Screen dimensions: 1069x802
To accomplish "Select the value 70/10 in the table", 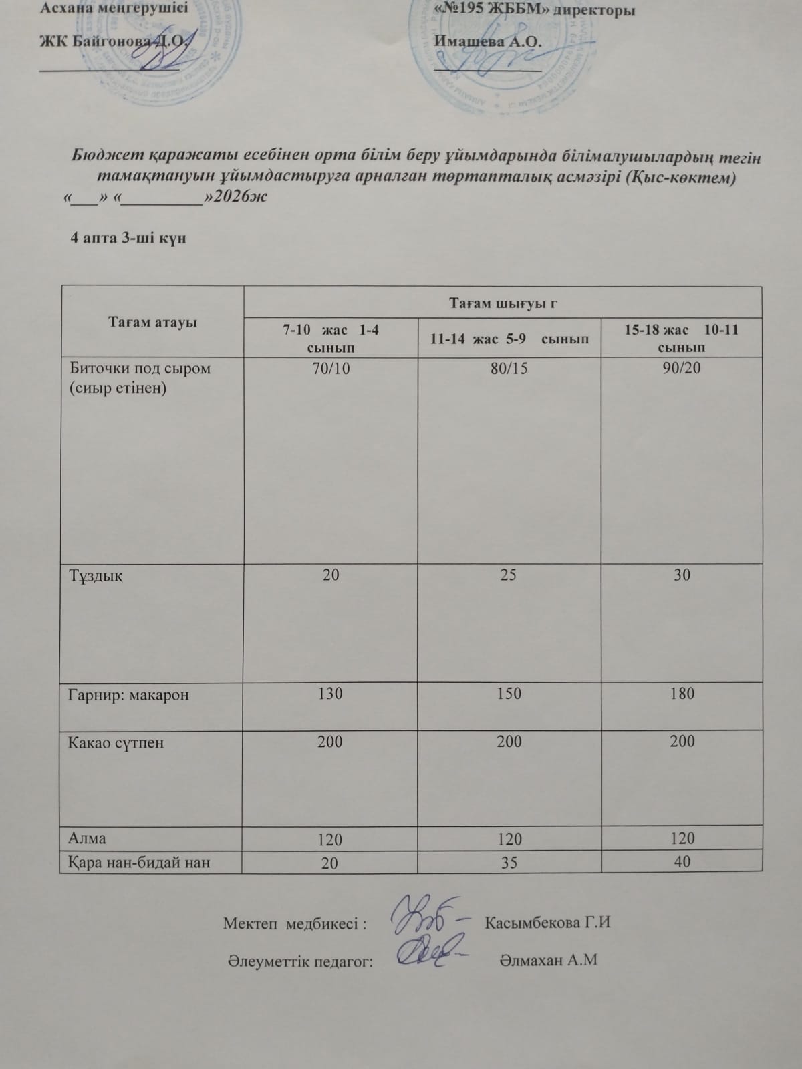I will point(331,368).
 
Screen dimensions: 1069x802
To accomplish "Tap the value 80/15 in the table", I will point(509,368).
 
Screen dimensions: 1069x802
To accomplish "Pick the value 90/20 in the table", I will point(681,368).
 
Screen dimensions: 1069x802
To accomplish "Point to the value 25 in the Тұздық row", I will point(508,575).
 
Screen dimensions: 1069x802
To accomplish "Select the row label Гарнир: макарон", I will point(128,694).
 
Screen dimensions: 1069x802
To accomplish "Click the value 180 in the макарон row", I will point(682,694).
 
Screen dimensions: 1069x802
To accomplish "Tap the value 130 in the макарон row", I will point(330,694).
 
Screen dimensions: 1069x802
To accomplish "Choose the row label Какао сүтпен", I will point(116,742).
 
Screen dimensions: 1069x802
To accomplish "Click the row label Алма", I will point(87,838).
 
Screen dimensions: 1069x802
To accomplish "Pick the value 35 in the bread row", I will point(509,863).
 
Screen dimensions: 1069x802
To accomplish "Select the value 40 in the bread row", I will point(682,862).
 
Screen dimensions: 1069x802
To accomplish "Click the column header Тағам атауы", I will point(152,323).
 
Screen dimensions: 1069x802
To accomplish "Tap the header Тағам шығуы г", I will point(503,304).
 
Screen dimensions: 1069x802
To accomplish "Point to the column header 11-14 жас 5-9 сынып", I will point(509,339).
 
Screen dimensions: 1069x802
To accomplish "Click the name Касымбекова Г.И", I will point(547,923).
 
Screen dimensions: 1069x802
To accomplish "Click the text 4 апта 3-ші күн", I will point(128,238).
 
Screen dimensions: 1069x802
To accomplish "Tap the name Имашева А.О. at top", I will point(488,41).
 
